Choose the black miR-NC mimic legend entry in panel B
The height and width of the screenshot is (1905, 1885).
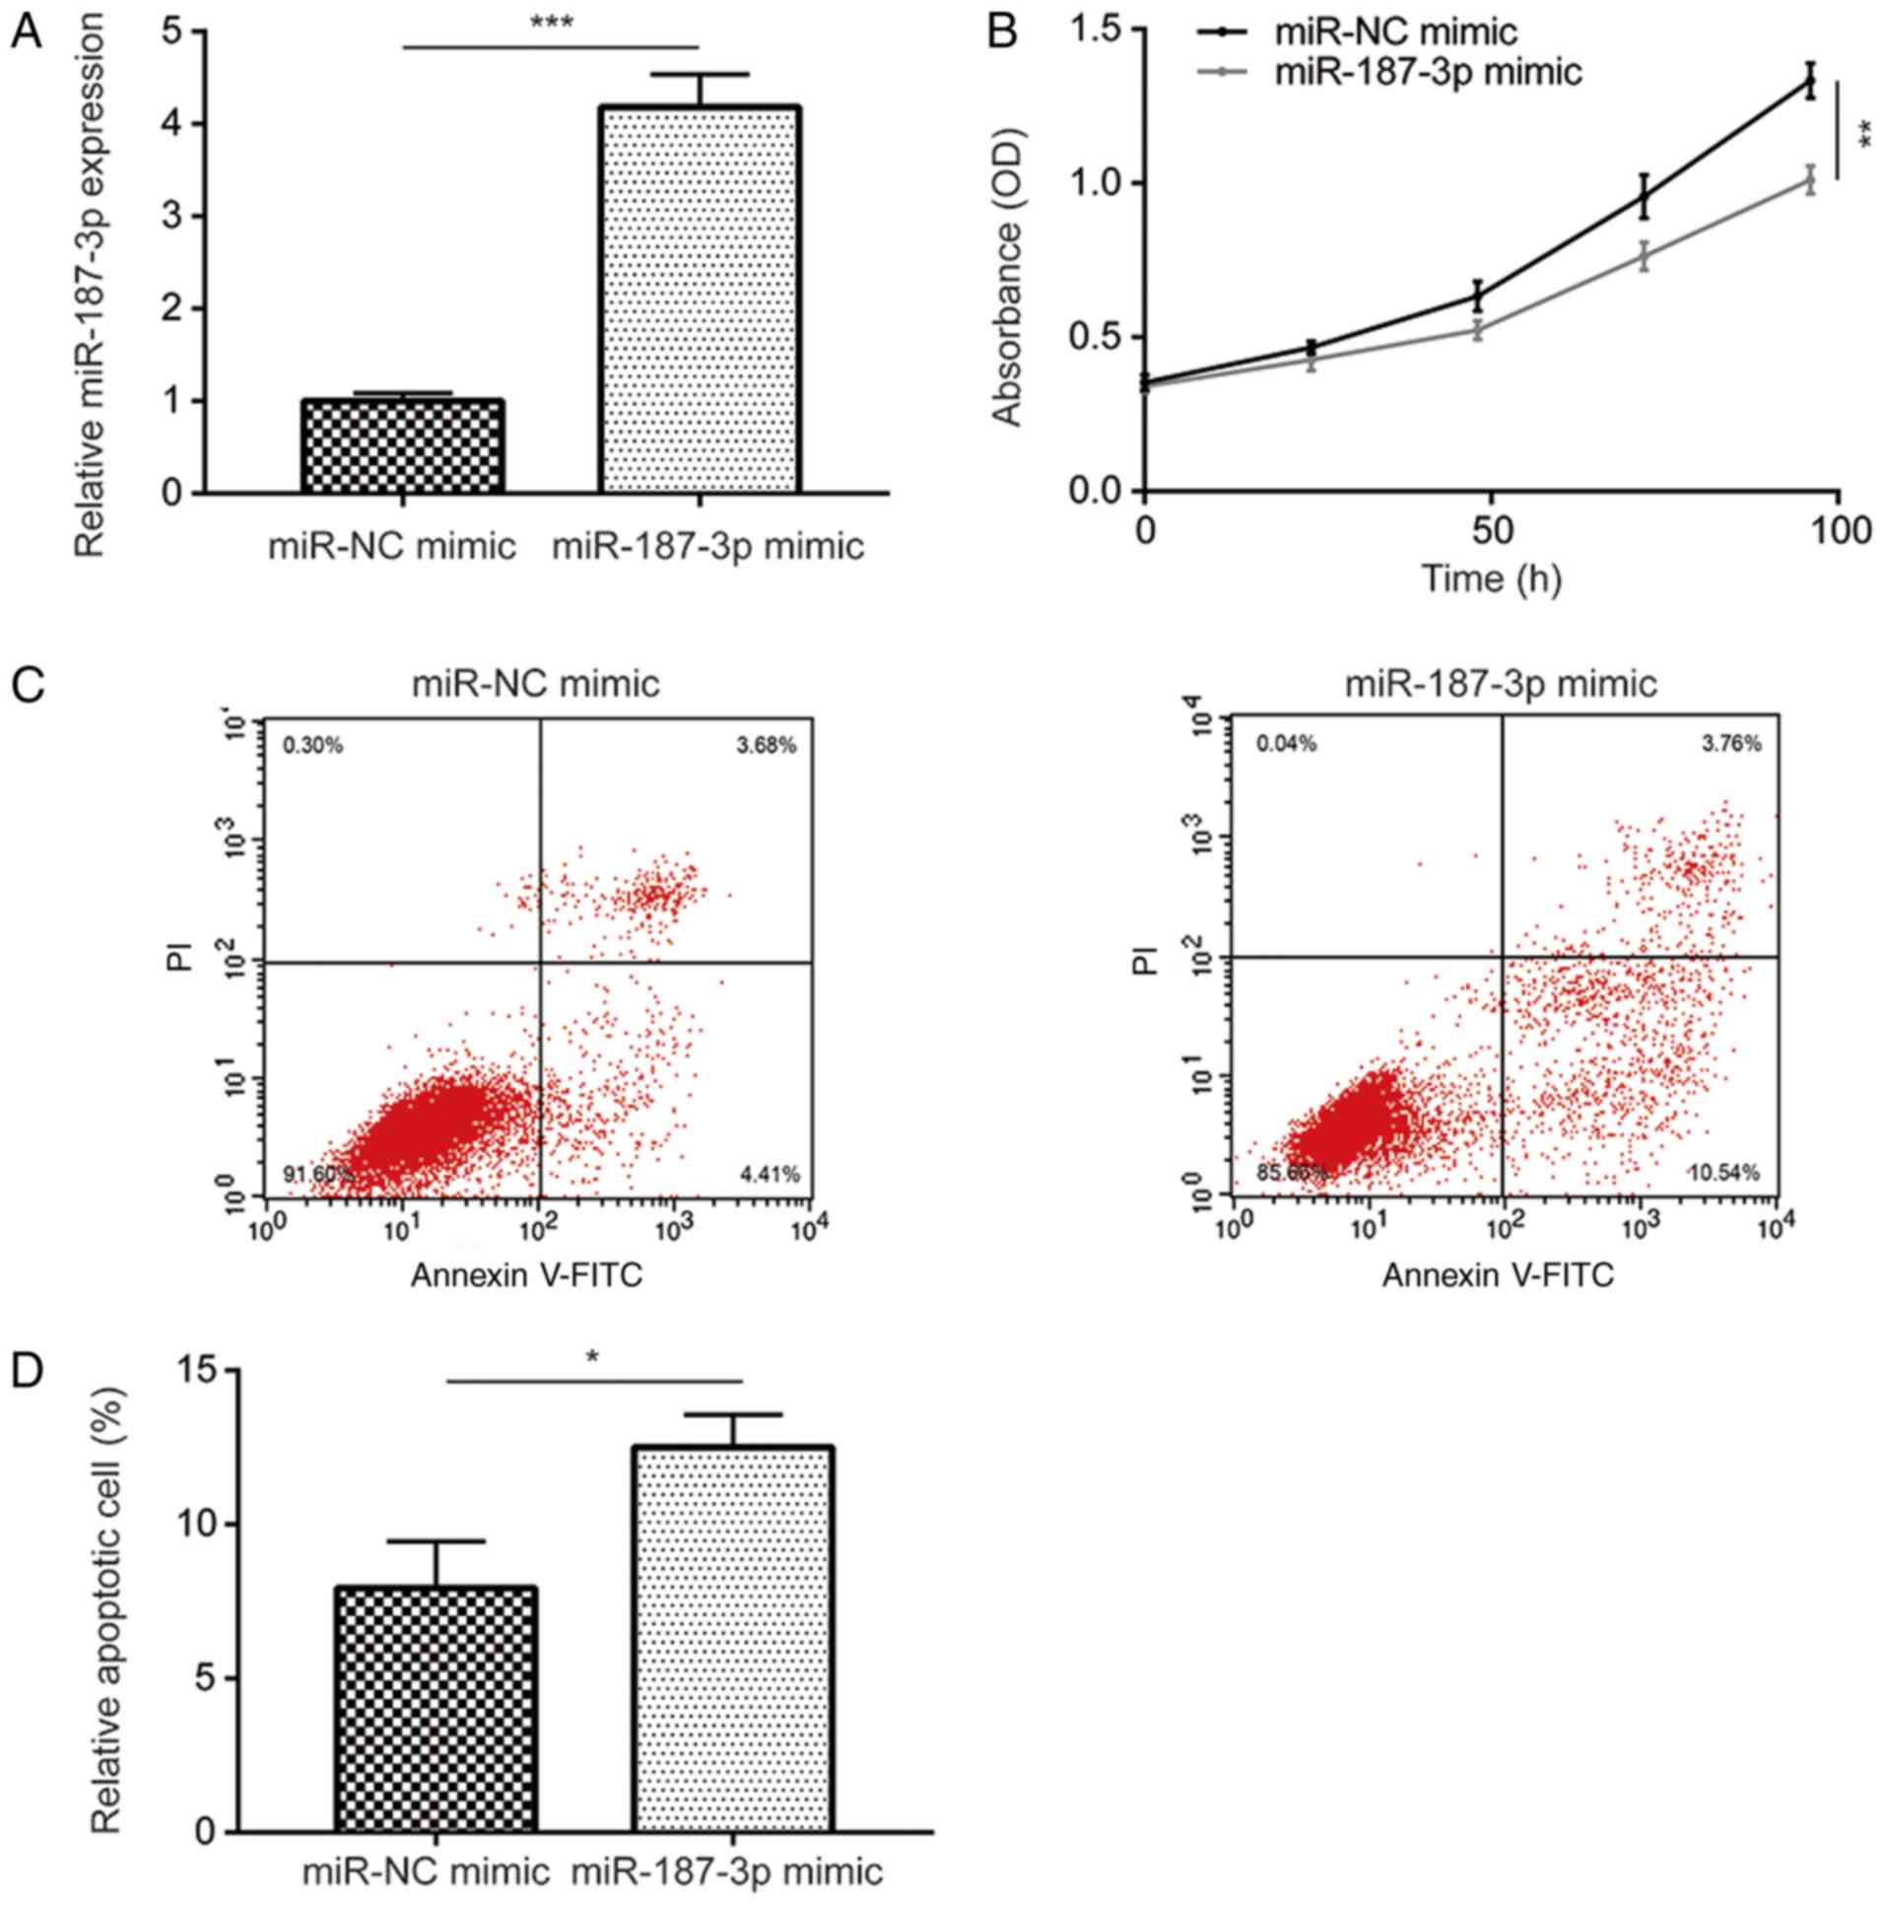point(1395,32)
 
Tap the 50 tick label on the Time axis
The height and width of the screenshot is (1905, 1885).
point(1491,532)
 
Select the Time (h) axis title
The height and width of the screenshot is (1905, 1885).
point(1491,578)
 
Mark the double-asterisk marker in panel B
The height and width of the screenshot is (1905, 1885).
point(1865,133)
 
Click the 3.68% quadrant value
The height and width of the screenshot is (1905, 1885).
point(766,745)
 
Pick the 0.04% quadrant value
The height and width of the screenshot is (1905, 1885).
point(1286,744)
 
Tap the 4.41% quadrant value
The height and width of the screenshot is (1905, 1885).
point(769,1174)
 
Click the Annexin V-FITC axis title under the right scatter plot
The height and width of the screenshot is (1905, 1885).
point(1498,1276)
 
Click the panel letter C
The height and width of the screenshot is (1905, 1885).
point(27,683)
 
